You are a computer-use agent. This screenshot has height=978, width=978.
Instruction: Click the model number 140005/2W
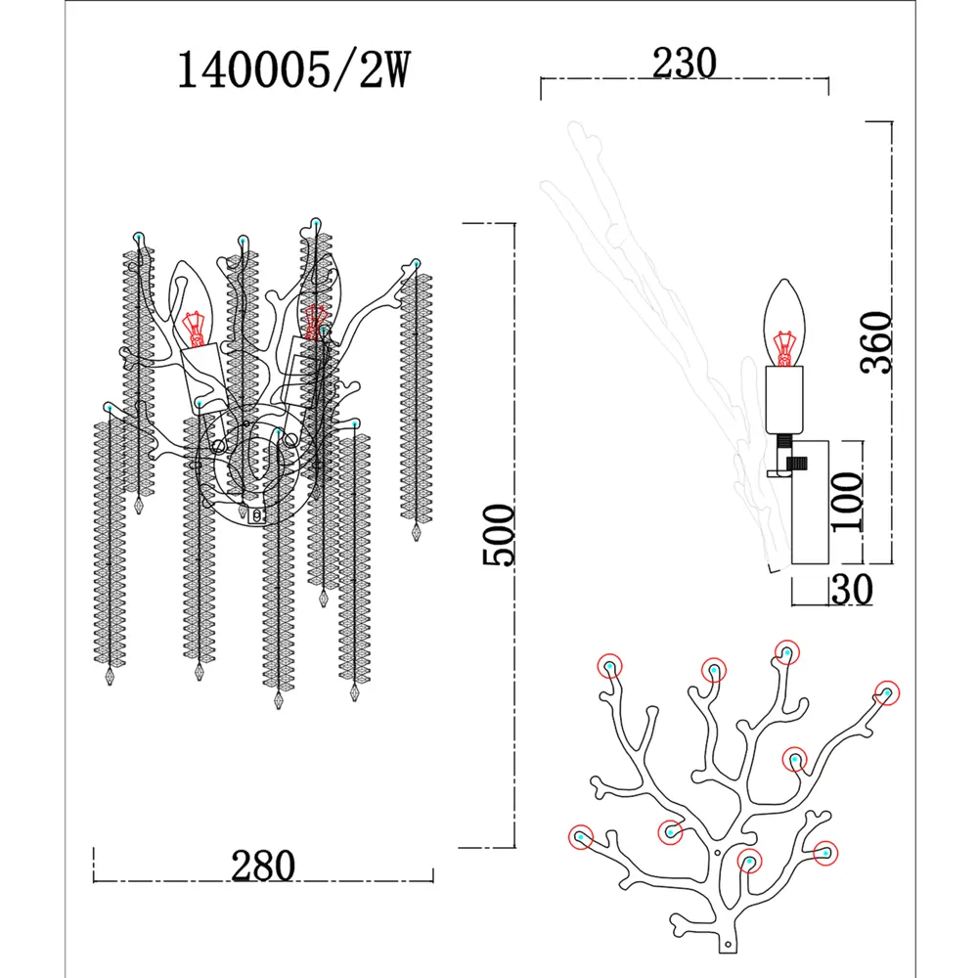(293, 69)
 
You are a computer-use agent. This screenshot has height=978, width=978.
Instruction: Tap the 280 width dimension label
(262, 866)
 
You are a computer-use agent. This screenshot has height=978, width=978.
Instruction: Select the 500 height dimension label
(499, 535)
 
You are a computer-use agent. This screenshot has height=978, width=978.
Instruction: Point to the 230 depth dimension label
(685, 63)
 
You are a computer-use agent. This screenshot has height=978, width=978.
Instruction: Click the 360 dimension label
(876, 342)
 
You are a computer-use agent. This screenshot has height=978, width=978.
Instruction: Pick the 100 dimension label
(847, 502)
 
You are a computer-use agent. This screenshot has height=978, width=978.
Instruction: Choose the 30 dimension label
(853, 589)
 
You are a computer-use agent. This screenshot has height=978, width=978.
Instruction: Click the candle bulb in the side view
(784, 323)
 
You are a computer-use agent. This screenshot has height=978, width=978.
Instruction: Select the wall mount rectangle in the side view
(810, 503)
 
